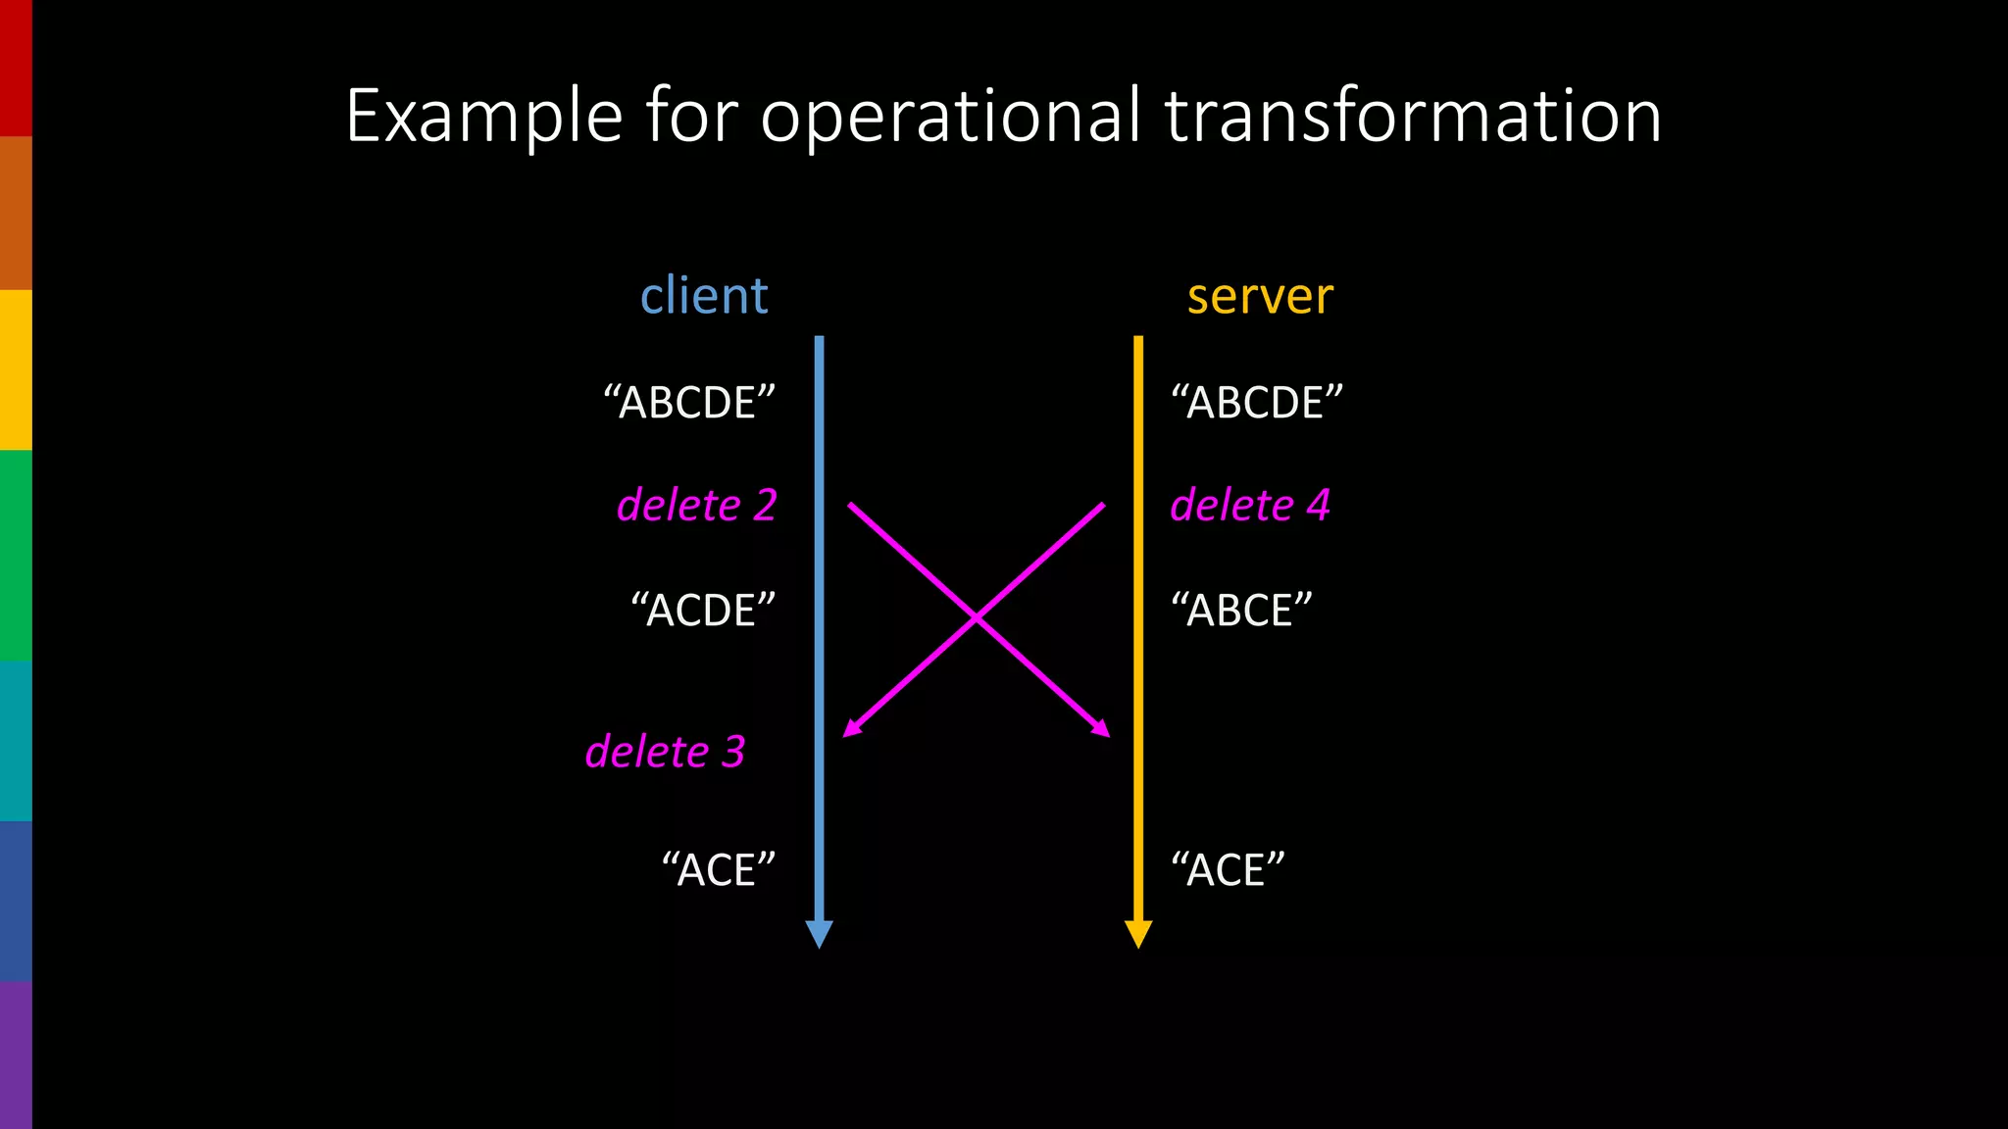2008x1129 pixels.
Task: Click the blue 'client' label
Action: [x=704, y=296]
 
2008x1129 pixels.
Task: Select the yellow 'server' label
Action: [x=1260, y=296]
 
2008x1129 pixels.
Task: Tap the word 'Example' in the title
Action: [x=483, y=118]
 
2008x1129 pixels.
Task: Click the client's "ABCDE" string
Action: [x=689, y=403]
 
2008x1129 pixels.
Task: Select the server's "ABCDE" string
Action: [x=1257, y=403]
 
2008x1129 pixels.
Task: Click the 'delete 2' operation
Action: [x=696, y=506]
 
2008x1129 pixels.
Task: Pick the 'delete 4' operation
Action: [x=1250, y=506]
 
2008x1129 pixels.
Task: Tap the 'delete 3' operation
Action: [x=665, y=753]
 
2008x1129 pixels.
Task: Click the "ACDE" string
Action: [x=703, y=611]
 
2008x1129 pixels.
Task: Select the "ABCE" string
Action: [x=1241, y=611]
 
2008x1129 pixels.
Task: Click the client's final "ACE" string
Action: [x=719, y=870]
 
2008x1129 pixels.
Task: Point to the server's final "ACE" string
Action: [x=1228, y=870]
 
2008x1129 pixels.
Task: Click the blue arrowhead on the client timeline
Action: [x=819, y=934]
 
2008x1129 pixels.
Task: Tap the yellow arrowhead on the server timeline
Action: [x=1138, y=934]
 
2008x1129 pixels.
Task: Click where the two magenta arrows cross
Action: [x=977, y=618]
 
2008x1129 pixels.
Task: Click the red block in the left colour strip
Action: [x=16, y=68]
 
